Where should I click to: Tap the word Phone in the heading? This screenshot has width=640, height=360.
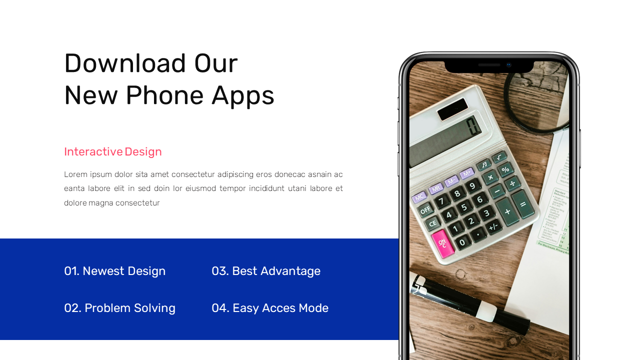pos(164,95)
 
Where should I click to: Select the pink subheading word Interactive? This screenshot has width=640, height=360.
pos(93,151)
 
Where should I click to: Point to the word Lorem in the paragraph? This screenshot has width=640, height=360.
pos(74,174)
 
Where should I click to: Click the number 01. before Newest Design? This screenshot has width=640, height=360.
pos(71,271)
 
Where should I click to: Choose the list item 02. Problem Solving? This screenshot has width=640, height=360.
pos(119,308)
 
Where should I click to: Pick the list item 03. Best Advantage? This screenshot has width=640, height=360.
pos(265,271)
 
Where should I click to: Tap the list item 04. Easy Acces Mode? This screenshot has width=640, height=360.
pos(269,308)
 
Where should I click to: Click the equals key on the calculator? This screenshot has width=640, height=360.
pos(523,204)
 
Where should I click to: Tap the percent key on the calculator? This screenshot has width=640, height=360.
pos(505,169)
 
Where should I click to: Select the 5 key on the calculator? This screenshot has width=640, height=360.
pos(464,207)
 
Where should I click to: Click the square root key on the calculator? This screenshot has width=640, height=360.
pos(499,157)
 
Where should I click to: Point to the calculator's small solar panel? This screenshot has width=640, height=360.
pos(452,109)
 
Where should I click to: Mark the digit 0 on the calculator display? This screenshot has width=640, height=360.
pos(472,126)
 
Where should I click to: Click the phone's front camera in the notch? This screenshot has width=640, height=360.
pos(508,65)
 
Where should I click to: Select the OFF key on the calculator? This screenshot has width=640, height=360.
pos(425,210)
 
